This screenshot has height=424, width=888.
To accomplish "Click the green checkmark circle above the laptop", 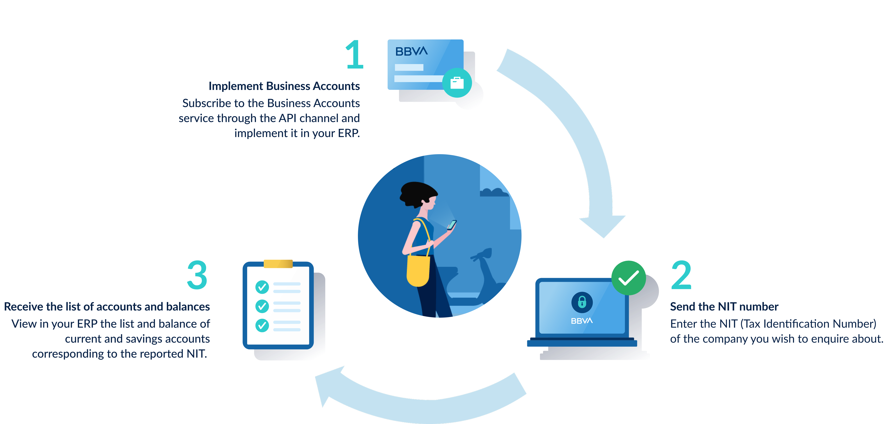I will tap(628, 278).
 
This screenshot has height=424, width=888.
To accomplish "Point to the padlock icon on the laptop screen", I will tap(582, 302).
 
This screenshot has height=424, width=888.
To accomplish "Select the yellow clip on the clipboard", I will tap(278, 264).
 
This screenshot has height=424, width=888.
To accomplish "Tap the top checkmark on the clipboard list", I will tap(262, 287).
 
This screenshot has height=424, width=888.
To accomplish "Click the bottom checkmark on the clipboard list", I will tap(262, 325).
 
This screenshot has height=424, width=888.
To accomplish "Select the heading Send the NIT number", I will tap(724, 307).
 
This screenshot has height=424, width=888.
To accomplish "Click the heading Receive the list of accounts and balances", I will tap(107, 307).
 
